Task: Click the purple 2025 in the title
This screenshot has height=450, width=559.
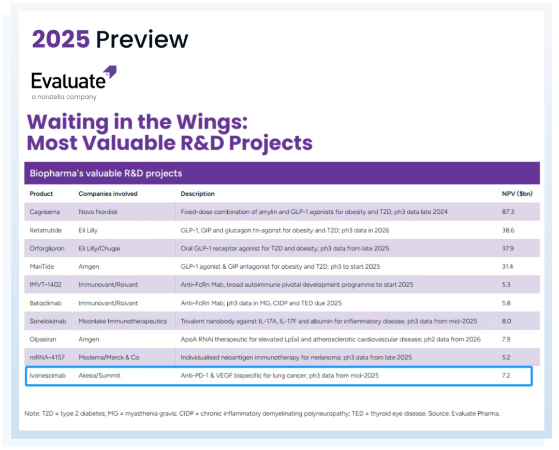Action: pos(61,39)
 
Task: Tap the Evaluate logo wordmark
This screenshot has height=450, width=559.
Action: pos(68,81)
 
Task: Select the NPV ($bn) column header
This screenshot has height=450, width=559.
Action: pos(517,194)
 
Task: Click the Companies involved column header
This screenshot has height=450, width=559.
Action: pos(108,194)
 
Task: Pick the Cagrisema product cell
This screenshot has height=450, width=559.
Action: pos(45,212)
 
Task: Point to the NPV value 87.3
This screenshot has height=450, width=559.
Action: pos(508,212)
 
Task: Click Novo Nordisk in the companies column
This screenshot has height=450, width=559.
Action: pos(98,212)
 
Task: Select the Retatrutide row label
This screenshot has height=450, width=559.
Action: pos(46,230)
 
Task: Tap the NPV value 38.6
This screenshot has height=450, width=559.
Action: pos(508,230)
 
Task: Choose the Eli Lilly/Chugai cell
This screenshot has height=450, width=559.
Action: pos(99,249)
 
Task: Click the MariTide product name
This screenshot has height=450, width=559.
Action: pos(41,266)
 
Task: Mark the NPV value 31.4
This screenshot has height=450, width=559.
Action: pos(507,266)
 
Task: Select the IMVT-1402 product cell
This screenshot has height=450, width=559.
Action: pos(45,284)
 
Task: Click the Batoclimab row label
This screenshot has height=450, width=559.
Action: pos(45,303)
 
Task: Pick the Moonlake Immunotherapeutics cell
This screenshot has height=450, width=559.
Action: pos(123,321)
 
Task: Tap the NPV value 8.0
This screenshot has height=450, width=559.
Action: pos(506,321)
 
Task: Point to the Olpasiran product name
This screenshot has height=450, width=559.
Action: pos(43,339)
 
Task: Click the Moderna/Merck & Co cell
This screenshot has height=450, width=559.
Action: pos(109,357)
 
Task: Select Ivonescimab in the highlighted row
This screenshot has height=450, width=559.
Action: pos(48,375)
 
